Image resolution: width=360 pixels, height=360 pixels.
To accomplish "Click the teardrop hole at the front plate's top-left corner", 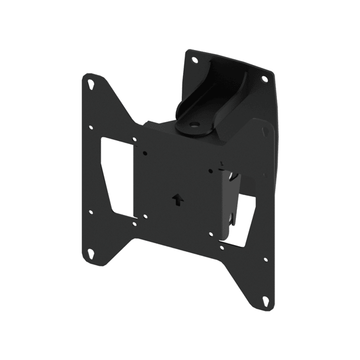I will [92, 84].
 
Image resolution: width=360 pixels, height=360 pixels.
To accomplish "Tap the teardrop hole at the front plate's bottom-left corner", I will [92, 253].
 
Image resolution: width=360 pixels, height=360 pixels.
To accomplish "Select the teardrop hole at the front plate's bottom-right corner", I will [265, 301].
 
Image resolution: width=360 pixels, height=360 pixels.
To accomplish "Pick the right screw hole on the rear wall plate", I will [264, 78].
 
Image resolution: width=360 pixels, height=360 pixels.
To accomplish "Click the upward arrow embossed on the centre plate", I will [177, 199].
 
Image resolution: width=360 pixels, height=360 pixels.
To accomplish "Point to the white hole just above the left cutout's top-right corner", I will [135, 139].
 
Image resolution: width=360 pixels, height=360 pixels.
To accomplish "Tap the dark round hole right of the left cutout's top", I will [146, 152].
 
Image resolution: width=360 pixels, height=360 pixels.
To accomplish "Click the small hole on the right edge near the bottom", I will [265, 259].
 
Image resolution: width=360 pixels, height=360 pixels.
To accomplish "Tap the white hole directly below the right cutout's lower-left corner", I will [222, 247].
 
